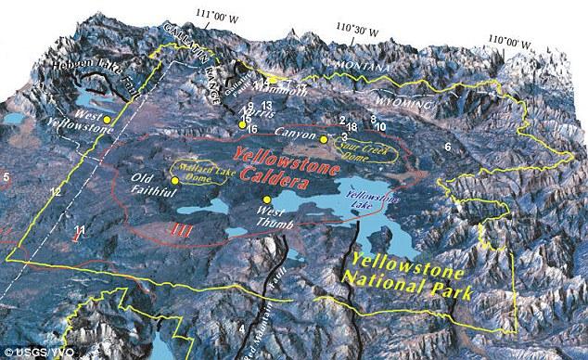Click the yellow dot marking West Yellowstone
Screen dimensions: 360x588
(108, 120)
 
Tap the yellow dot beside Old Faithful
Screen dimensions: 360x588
(174, 180)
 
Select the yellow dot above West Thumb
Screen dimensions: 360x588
(267, 199)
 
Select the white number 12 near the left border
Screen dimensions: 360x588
(56, 191)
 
